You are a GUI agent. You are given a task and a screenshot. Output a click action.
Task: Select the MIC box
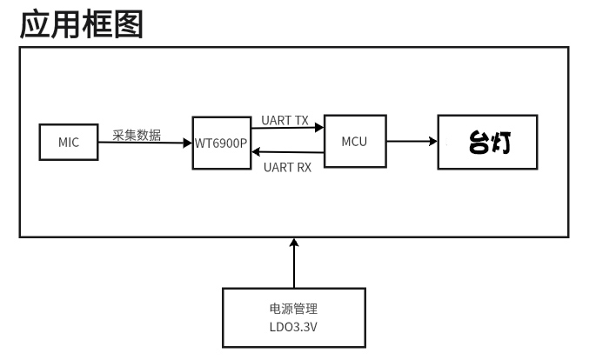pyautogui.click(x=69, y=143)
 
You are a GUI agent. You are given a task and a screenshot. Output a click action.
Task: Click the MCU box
pyautogui.click(x=354, y=142)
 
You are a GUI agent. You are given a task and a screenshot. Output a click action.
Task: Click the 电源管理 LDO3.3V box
pyautogui.click(x=294, y=318)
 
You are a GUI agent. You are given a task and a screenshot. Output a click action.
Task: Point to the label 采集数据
pyautogui.click(x=136, y=135)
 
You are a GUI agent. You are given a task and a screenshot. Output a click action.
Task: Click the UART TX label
pyautogui.click(x=285, y=121)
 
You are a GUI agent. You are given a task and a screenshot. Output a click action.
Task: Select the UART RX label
pyautogui.click(x=286, y=167)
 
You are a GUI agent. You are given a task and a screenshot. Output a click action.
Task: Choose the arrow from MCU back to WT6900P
pyautogui.click(x=287, y=153)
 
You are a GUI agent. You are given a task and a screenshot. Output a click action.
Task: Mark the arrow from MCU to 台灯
pyautogui.click(x=410, y=141)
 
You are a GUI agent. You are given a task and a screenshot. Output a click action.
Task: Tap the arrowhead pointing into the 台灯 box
pyautogui.click(x=432, y=141)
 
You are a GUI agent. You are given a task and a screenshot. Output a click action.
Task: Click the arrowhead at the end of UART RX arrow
pyautogui.click(x=255, y=153)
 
